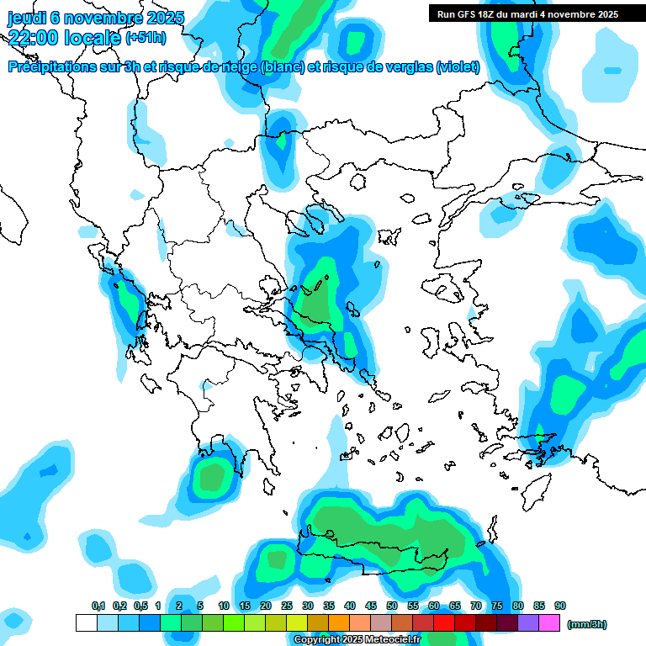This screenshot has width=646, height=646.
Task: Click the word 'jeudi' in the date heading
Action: click(x=27, y=18)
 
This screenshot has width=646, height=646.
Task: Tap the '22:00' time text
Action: click(x=33, y=37)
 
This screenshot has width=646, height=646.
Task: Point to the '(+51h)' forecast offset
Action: click(x=146, y=38)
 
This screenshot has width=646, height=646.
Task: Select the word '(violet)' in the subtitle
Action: click(x=458, y=67)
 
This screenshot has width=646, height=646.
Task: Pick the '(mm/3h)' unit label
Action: click(x=587, y=624)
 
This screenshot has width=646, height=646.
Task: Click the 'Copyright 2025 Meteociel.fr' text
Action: click(x=357, y=640)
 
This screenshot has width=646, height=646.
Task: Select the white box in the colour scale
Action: click(x=86, y=623)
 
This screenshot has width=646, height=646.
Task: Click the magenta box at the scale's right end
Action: click(x=549, y=623)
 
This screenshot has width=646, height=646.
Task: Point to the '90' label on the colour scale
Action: click(x=560, y=606)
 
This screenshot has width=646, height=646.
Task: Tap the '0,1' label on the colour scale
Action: click(x=98, y=606)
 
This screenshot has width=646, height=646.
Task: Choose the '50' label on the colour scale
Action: click(x=392, y=606)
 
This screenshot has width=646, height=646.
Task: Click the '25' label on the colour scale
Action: click(x=287, y=606)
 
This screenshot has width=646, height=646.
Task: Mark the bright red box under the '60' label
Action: click(x=444, y=623)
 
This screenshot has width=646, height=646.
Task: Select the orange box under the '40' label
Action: click(x=339, y=623)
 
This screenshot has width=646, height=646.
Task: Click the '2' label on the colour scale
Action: click(x=179, y=606)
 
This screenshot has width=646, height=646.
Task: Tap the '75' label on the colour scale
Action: click(x=497, y=606)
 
